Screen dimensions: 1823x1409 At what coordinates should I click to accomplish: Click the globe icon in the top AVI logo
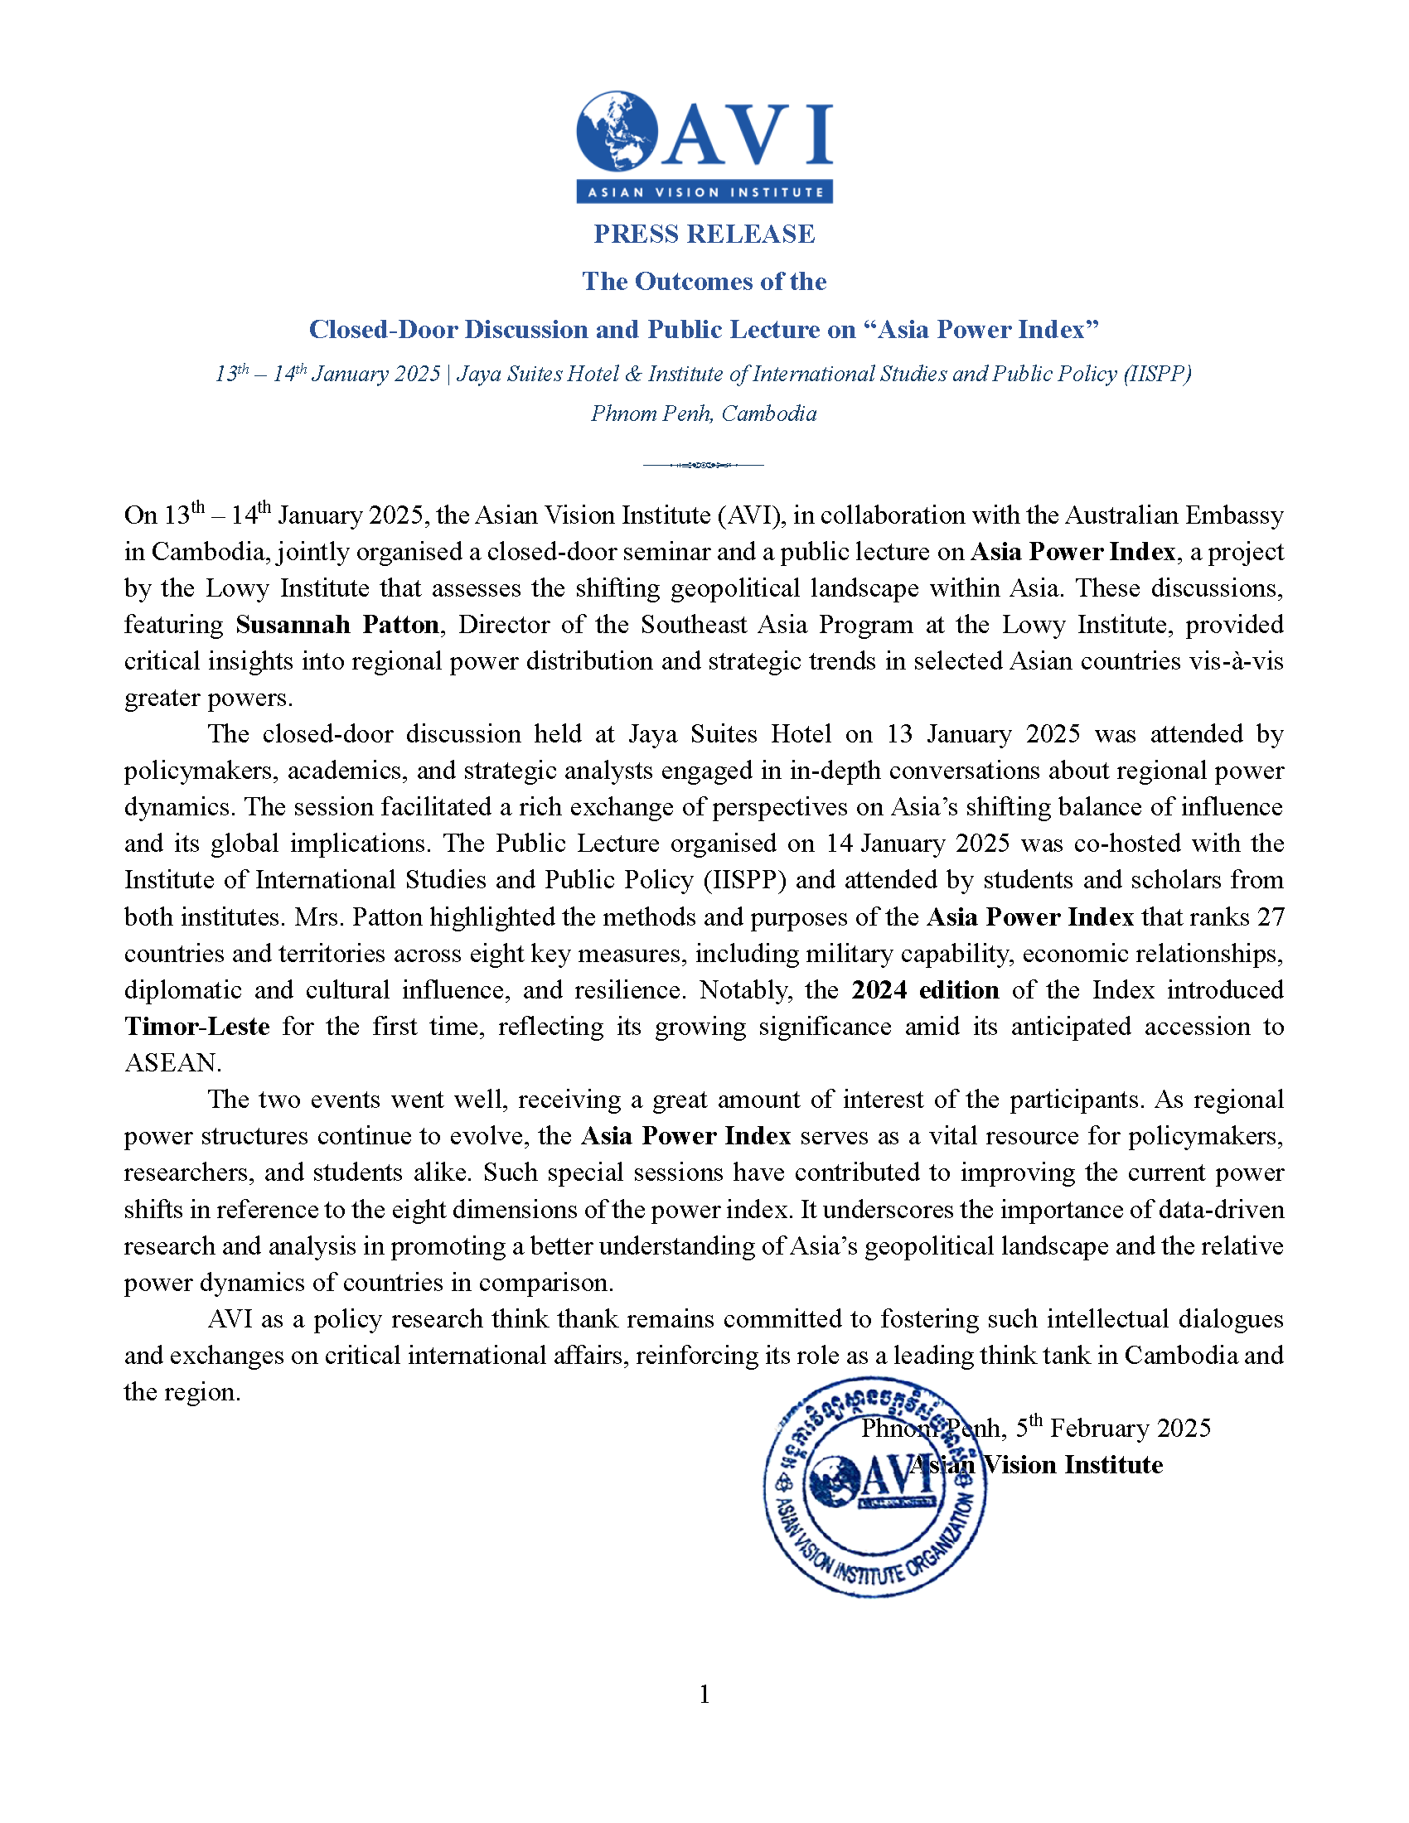pyautogui.click(x=617, y=132)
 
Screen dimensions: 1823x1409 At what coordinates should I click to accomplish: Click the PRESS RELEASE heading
pyautogui.click(x=704, y=234)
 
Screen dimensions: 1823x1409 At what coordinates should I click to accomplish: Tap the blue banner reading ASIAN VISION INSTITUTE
pyautogui.click(x=704, y=192)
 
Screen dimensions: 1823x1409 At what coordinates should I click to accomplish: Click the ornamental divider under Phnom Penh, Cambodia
pyautogui.click(x=704, y=465)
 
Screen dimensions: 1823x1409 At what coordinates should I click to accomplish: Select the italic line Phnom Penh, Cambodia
pyautogui.click(x=704, y=413)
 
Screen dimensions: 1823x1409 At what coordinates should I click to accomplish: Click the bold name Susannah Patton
pyautogui.click(x=337, y=624)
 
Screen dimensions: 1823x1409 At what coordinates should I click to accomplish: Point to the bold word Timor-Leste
pyautogui.click(x=197, y=1026)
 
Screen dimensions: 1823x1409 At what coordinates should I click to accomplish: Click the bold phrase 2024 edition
pyautogui.click(x=925, y=990)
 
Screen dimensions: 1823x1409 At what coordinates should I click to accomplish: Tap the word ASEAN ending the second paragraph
pyautogui.click(x=171, y=1062)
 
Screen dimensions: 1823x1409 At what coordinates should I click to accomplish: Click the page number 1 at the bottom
pyautogui.click(x=704, y=1694)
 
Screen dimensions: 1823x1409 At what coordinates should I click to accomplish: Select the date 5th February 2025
pyautogui.click(x=1112, y=1429)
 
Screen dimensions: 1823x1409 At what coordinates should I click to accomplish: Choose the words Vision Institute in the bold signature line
pyautogui.click(x=1072, y=1465)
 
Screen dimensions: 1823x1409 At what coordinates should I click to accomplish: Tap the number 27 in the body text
pyautogui.click(x=1271, y=916)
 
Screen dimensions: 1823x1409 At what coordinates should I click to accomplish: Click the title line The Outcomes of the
pyautogui.click(x=704, y=281)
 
